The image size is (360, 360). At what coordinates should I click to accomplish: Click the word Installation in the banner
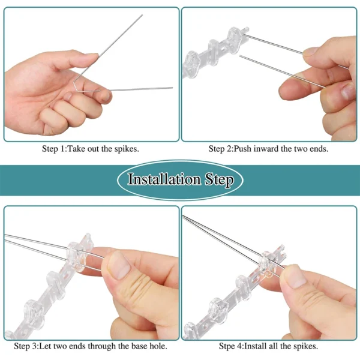(x=164, y=179)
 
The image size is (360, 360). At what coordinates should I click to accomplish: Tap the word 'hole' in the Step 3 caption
(x=158, y=346)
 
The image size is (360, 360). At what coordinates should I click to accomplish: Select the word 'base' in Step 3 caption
(x=139, y=346)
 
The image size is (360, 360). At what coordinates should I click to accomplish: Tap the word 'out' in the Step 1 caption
(x=94, y=148)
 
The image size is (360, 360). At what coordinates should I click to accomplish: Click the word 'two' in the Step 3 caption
(x=68, y=346)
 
